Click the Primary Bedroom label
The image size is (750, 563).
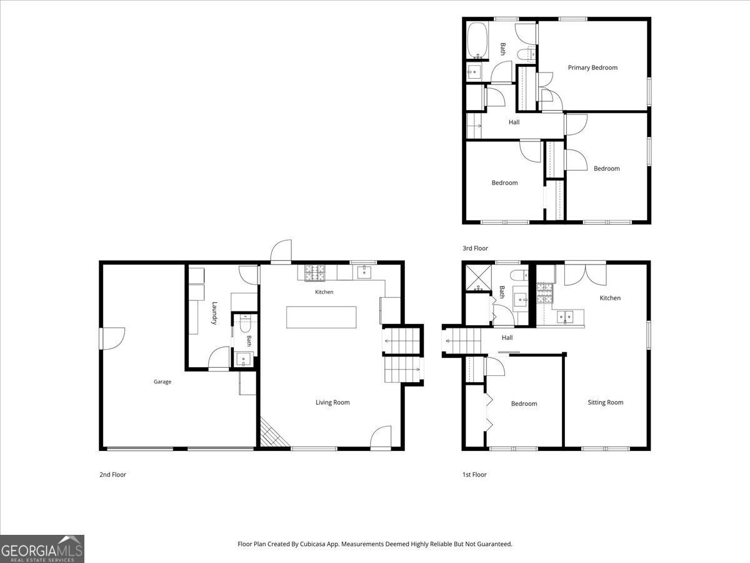[592, 68]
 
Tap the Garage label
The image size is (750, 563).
[162, 382]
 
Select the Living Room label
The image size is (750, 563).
[332, 402]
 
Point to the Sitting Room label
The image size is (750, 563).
[606, 402]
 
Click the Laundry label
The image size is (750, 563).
[214, 313]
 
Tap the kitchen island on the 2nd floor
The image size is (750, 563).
[321, 317]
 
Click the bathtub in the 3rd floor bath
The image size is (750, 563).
[477, 40]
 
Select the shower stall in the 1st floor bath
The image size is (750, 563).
[477, 278]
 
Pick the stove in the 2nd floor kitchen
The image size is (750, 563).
[315, 273]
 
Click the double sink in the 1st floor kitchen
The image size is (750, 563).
[565, 317]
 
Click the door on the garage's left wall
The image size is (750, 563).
[112, 338]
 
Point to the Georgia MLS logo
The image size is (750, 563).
[42, 549]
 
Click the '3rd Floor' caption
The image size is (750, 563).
[475, 248]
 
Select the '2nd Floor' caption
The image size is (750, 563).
[112, 474]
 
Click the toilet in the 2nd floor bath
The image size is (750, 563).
[245, 324]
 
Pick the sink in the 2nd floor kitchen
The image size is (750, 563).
[364, 272]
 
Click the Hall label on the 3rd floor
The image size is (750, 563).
[514, 122]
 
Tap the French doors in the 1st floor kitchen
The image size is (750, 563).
[585, 273]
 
